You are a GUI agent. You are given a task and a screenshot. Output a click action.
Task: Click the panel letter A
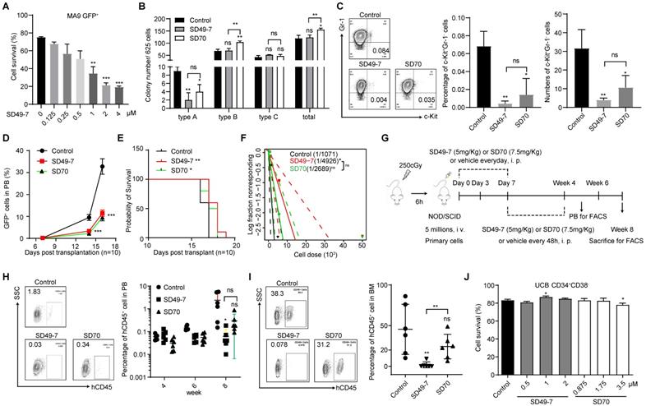point(6,7)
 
